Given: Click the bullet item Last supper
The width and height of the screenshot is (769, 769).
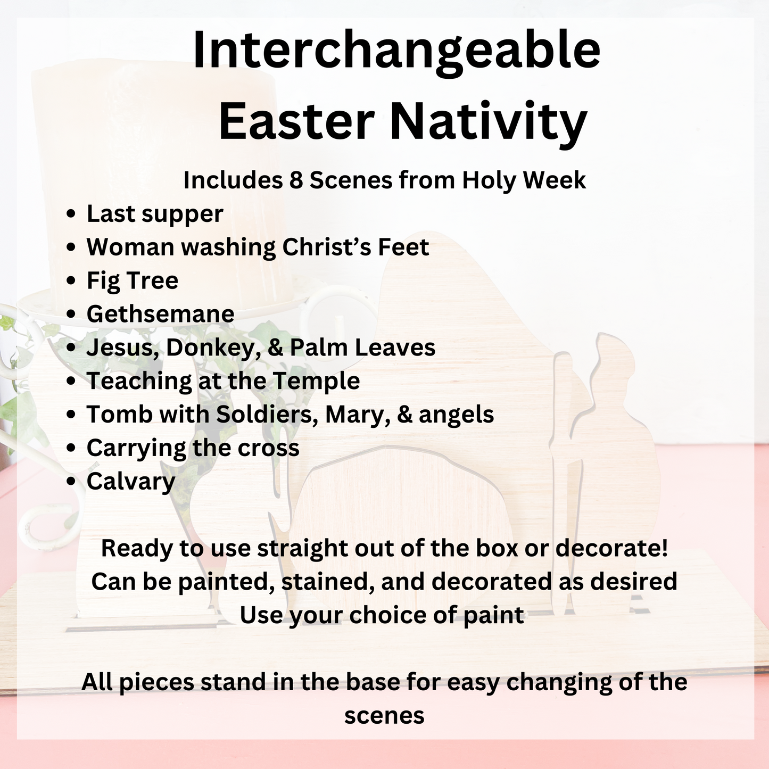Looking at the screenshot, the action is click(155, 214).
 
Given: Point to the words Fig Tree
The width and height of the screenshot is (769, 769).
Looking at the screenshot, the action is click(133, 280).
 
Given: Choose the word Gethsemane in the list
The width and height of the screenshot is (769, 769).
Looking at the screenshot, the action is click(160, 314).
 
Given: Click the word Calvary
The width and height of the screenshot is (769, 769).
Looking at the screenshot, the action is click(131, 482).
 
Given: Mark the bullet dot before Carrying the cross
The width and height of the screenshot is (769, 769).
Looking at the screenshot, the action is click(71, 449).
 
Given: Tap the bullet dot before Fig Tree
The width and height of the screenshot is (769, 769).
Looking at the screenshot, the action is click(71, 281).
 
